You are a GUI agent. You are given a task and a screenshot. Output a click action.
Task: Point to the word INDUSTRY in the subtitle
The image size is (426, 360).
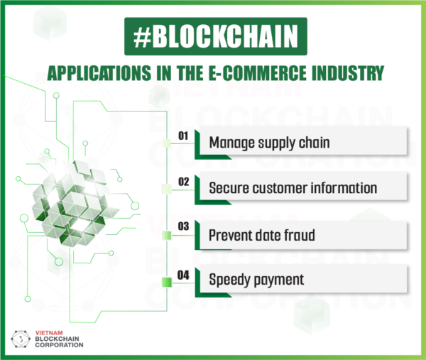(346, 72)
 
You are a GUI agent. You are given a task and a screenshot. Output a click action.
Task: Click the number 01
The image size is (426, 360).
(183, 135)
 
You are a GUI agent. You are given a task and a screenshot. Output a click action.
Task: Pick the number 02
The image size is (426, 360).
(183, 181)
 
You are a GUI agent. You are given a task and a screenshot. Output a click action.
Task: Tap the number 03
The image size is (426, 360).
(183, 227)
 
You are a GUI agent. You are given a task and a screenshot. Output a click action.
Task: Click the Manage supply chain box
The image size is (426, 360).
(302, 142)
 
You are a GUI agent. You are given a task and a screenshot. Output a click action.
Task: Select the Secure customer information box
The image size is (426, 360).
(302, 188)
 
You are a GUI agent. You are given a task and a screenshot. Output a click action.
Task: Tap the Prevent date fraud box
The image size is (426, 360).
(302, 234)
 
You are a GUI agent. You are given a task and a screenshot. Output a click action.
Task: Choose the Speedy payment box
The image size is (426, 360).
(302, 279)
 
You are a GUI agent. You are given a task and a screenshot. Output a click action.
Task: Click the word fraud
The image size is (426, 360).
(297, 234)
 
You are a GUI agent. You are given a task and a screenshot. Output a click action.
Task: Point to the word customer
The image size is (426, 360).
(280, 188)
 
